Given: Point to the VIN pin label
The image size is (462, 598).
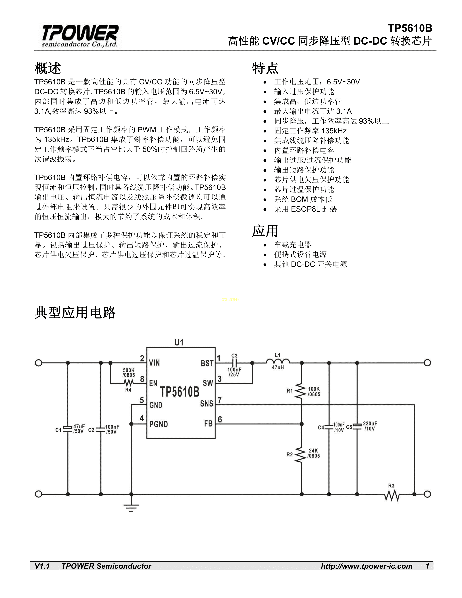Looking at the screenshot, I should click(154, 363).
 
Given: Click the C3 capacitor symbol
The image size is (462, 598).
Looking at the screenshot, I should click(234, 363).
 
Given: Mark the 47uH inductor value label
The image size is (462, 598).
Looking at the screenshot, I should click(278, 367).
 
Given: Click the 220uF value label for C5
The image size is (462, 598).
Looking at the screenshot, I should click(370, 423).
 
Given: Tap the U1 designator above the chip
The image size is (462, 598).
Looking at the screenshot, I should click(179, 342).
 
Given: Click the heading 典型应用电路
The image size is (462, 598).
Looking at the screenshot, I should click(75, 313).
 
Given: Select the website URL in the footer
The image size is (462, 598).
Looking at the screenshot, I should click(367, 566).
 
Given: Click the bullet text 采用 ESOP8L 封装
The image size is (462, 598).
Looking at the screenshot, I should click(305, 209).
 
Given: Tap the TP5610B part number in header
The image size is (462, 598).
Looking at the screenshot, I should click(410, 28).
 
